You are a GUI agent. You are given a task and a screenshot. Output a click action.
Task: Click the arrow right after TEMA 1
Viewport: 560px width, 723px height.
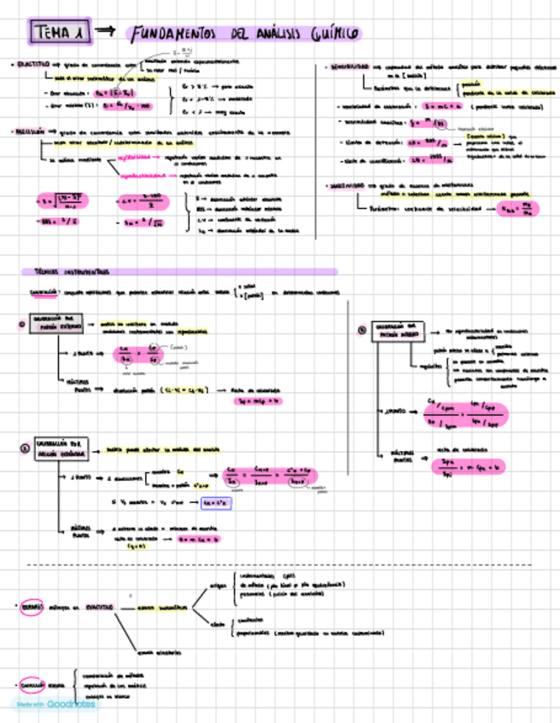[104, 31]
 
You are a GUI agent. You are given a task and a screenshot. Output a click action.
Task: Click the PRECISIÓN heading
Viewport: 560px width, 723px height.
[29, 132]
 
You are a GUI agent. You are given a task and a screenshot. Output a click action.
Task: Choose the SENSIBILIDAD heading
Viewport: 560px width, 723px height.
[347, 67]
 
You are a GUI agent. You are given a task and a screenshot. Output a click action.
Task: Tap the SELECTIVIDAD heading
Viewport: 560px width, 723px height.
[347, 185]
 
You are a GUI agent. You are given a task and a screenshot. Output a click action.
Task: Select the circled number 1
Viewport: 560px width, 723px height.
[21, 324]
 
